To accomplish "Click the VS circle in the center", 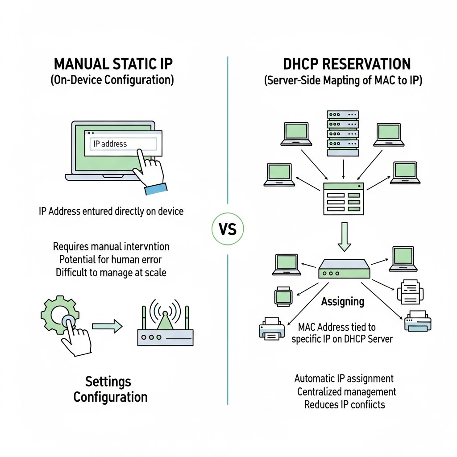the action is pos(228,229).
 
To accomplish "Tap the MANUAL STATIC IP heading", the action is pos(113,64).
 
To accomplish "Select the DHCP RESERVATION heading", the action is pos(347,64).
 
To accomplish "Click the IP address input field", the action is pos(123,144).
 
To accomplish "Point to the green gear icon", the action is pos(60,314).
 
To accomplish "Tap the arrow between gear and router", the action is pos(107,326).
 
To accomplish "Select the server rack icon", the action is pos(343,133).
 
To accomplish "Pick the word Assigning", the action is pos(343,302).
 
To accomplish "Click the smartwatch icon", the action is pos(283,296).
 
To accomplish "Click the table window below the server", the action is pos(344,199).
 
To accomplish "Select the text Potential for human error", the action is pos(110,259).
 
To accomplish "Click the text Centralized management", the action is pos(346,392).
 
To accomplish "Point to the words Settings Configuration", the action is pos(110,389).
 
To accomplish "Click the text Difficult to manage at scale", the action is pos(111,273).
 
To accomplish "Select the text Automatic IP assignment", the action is pos(344,378).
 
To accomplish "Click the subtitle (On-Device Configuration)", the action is pos(112,80).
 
